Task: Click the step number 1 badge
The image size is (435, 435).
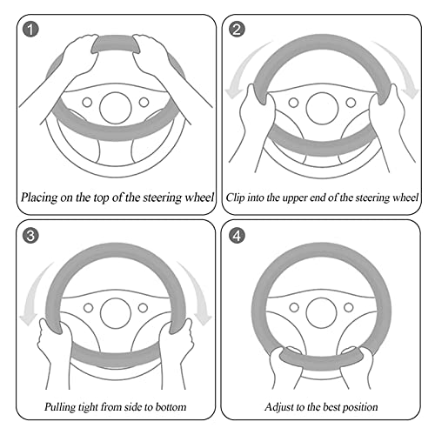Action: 30,30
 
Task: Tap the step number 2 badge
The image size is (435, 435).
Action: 237,30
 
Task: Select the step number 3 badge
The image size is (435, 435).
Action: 30,235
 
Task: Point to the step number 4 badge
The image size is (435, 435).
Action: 237,235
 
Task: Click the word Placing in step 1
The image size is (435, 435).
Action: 39,197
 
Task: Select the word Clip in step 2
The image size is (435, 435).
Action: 235,197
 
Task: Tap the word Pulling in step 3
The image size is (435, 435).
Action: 60,407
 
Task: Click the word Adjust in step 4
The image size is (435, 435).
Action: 279,407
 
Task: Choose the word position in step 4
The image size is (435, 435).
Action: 360,407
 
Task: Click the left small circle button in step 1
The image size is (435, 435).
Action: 87,102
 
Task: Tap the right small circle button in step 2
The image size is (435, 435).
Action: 351,103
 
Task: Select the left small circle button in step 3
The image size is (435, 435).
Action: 88,308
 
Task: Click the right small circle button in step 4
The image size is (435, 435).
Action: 348,307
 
